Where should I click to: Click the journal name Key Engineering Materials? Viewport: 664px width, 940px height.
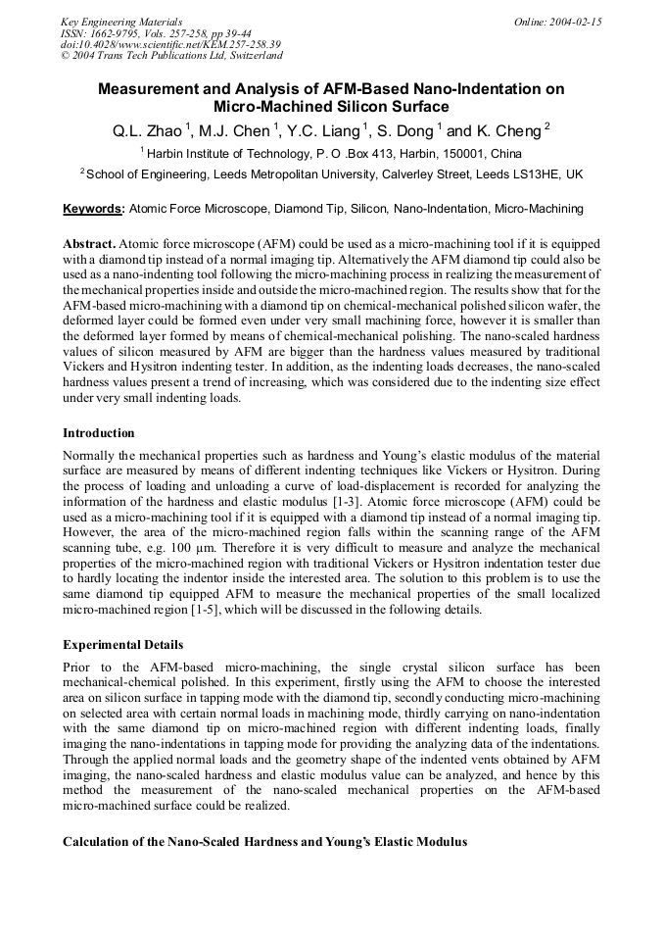[120, 22]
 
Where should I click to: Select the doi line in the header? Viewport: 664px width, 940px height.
[170, 44]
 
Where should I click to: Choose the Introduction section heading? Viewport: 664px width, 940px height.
[99, 433]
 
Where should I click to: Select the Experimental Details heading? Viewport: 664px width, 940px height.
[122, 645]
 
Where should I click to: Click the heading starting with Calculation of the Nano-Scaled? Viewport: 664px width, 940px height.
[264, 842]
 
